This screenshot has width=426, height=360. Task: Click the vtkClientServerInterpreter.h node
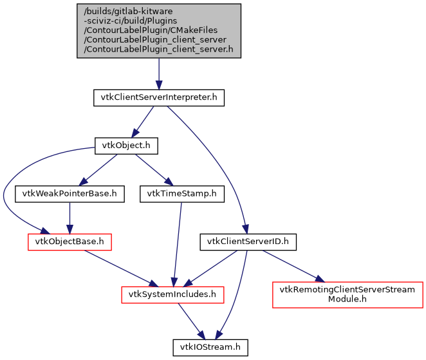point(159,98)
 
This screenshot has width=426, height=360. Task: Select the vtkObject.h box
point(126,146)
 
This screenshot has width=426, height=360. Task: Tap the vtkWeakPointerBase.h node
point(69,193)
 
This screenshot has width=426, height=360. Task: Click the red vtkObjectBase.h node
point(69,242)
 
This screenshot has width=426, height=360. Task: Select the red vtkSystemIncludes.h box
point(172,294)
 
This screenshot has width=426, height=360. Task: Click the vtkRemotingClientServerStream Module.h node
point(347,294)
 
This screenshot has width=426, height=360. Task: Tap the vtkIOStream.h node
point(210,347)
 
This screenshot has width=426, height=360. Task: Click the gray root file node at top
point(159,31)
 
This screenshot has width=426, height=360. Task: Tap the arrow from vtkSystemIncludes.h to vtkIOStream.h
point(191,321)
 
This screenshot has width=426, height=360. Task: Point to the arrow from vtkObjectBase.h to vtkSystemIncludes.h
point(120,267)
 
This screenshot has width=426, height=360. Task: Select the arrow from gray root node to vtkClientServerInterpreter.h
point(159,73)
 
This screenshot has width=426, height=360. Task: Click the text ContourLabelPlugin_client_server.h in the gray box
point(159,49)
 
